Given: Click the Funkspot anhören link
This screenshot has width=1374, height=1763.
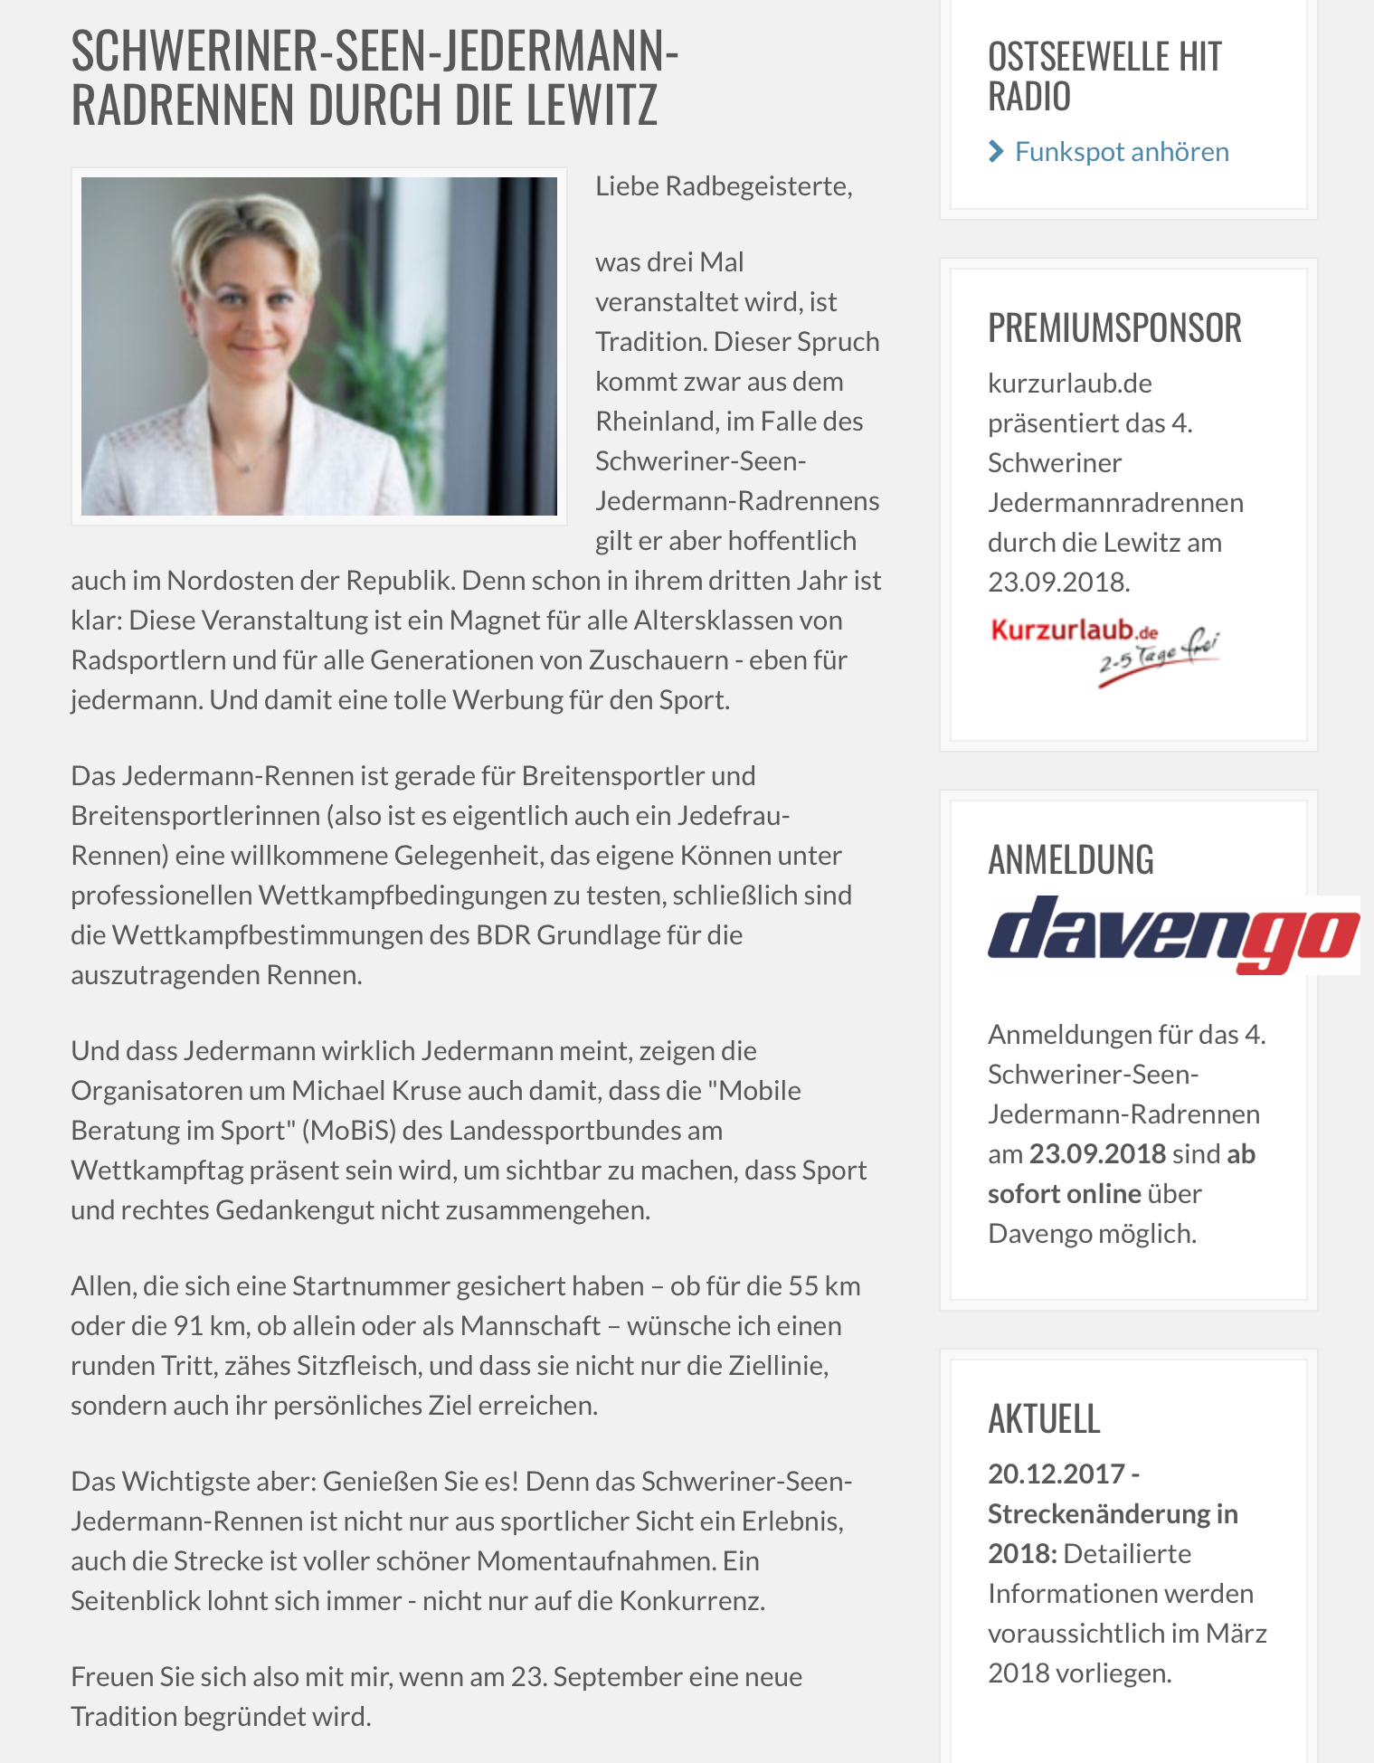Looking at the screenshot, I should (x=1121, y=151).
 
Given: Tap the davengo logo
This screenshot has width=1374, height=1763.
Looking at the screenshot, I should (x=1172, y=934).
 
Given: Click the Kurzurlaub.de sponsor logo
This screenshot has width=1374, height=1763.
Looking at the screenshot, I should (x=1104, y=647).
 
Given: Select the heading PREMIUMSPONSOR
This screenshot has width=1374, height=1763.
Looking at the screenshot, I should (x=1114, y=327).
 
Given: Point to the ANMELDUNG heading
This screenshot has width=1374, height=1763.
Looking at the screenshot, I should (x=1071, y=859).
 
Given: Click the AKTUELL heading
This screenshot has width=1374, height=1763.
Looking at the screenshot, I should (x=1044, y=1418).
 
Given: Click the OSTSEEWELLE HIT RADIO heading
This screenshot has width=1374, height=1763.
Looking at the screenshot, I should (x=1104, y=77).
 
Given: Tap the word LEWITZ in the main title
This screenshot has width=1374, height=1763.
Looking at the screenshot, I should (x=592, y=105).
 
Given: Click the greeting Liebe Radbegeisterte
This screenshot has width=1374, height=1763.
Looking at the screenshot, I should (x=723, y=186).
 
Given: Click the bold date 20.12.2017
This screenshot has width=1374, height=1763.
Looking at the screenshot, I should (x=1056, y=1474).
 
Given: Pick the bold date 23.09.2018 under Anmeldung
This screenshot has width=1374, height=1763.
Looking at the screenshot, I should (x=1097, y=1154).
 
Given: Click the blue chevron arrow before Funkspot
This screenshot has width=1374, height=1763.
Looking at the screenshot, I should (x=996, y=151).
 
